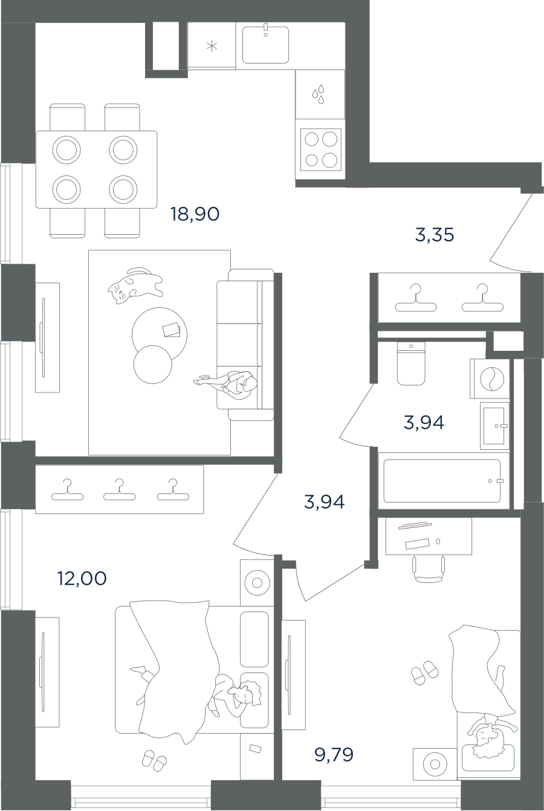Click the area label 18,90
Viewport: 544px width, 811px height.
pos(194,213)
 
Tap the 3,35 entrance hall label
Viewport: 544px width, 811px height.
pos(434,235)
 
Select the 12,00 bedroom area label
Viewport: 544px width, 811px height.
pos(82,579)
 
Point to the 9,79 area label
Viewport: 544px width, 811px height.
pos(334,755)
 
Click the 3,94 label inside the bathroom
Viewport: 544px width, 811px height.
pos(424,423)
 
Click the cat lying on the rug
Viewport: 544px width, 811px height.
pos(134,285)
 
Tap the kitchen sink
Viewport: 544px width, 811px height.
pos(265,45)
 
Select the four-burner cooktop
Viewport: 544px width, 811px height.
pos(320,149)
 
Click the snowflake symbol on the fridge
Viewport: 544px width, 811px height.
pos(211,47)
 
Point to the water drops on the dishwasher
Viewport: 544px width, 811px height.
pos(319,94)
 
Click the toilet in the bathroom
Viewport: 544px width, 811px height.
pos(411,364)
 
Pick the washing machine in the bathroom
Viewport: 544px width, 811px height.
pos(490,379)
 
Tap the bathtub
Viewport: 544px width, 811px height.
pos(442,481)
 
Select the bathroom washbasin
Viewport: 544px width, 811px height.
pos(495,426)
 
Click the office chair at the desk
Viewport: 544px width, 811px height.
pos(429,567)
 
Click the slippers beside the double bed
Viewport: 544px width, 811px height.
pos(154,761)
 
